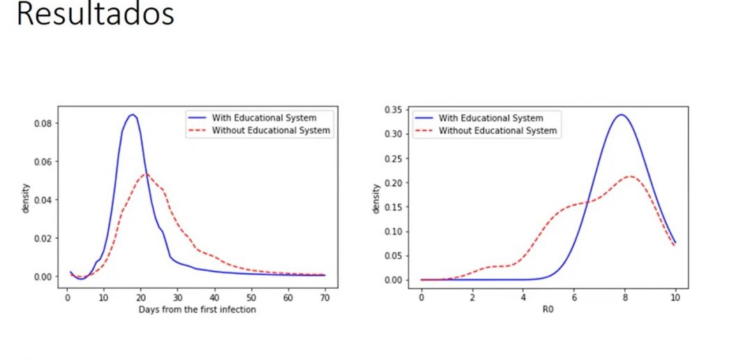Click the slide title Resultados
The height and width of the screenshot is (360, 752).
(x=95, y=15)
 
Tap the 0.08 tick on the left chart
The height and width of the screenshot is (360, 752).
(x=43, y=123)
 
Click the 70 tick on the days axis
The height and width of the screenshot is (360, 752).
(x=325, y=298)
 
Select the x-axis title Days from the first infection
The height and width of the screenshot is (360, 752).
(x=197, y=309)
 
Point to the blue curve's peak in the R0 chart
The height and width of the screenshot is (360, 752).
(x=620, y=114)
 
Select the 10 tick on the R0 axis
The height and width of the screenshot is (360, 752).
(x=675, y=298)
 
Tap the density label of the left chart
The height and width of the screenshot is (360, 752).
(x=26, y=198)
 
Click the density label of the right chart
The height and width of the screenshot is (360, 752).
(x=377, y=198)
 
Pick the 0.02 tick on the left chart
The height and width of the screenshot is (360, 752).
(x=43, y=238)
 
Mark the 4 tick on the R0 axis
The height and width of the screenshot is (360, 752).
(x=523, y=298)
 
